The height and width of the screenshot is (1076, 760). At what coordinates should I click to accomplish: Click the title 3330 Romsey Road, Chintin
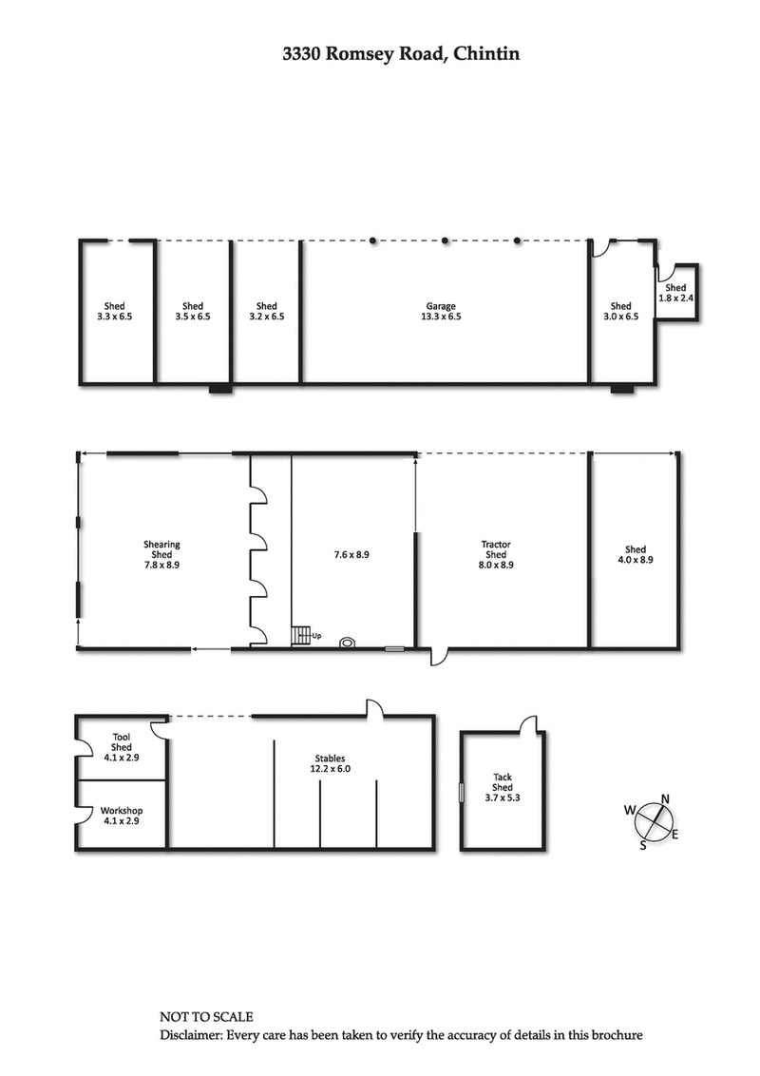[401, 54]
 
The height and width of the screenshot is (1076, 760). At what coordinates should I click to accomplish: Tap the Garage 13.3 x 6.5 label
[441, 312]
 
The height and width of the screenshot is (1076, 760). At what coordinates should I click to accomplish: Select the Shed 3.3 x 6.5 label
[114, 312]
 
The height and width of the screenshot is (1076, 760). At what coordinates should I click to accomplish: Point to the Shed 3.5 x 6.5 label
[193, 312]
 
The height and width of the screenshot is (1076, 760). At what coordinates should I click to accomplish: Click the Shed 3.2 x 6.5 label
[267, 312]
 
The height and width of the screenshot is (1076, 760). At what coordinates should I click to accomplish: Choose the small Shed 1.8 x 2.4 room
[675, 293]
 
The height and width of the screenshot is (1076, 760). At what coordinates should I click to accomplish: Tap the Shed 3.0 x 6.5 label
[620, 312]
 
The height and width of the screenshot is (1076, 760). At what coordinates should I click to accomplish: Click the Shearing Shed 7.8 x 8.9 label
[161, 554]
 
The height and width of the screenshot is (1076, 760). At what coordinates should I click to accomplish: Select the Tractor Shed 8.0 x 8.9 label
[496, 554]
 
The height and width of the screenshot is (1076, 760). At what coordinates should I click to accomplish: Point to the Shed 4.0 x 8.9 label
[636, 554]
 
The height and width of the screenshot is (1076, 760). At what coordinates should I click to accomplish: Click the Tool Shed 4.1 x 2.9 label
[122, 747]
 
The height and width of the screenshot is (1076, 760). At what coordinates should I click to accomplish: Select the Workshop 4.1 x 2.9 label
[122, 816]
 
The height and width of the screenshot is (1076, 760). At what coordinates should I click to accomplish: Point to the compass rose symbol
[652, 820]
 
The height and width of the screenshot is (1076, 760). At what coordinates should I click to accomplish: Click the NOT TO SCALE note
[206, 1017]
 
